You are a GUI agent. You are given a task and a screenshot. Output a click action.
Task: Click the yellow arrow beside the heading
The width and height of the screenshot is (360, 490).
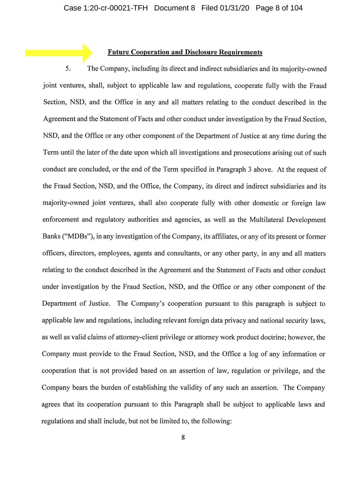point(60,52)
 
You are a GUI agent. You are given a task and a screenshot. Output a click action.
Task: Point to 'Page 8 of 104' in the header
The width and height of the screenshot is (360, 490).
point(279,8)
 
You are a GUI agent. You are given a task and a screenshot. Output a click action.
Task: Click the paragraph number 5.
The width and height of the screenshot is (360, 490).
point(68,68)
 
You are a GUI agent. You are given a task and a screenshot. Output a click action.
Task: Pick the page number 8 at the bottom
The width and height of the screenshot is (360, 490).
point(183,437)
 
